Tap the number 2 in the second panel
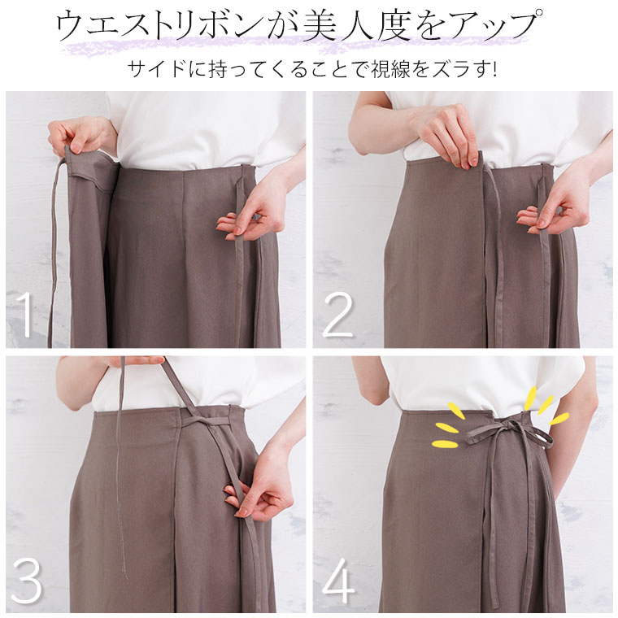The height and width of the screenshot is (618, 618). click(x=337, y=315)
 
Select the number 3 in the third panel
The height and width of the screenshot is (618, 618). click(x=26, y=581)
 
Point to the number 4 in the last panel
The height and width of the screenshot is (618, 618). click(x=338, y=580)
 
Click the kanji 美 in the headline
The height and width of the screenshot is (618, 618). click(x=320, y=27)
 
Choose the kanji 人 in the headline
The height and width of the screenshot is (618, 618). click(x=357, y=27)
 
